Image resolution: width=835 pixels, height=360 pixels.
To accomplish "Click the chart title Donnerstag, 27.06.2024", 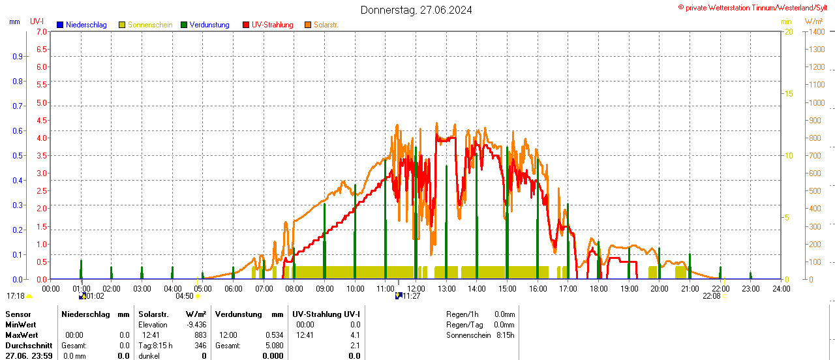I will click(x=416, y=10).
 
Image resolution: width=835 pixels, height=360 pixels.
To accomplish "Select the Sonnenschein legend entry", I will click(x=150, y=25).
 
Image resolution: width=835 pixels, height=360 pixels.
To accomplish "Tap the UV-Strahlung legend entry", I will click(x=272, y=25).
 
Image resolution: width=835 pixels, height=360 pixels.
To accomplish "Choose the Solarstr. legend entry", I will click(x=326, y=25).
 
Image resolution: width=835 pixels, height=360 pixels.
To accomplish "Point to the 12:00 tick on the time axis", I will click(x=416, y=288).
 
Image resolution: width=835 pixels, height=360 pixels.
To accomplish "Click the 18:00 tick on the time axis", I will click(x=598, y=288).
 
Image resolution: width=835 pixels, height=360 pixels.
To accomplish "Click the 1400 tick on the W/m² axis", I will click(x=816, y=31).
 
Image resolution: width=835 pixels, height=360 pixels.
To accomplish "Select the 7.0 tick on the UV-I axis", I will click(x=41, y=31).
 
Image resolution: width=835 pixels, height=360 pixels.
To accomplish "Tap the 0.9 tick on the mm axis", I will click(x=17, y=57).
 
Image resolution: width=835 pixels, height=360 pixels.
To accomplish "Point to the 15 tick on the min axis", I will click(x=788, y=94).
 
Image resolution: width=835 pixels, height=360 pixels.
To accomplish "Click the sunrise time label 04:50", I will click(x=185, y=296).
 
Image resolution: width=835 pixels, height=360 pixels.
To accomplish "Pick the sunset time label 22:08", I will click(x=711, y=296).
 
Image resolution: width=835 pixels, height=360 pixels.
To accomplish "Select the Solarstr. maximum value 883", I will click(x=200, y=335).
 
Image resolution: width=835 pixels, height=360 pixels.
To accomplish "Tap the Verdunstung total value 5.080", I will click(x=273, y=346).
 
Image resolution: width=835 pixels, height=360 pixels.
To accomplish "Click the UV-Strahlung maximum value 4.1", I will click(x=354, y=335).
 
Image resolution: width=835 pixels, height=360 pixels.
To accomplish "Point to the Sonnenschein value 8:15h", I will click(x=505, y=335).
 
